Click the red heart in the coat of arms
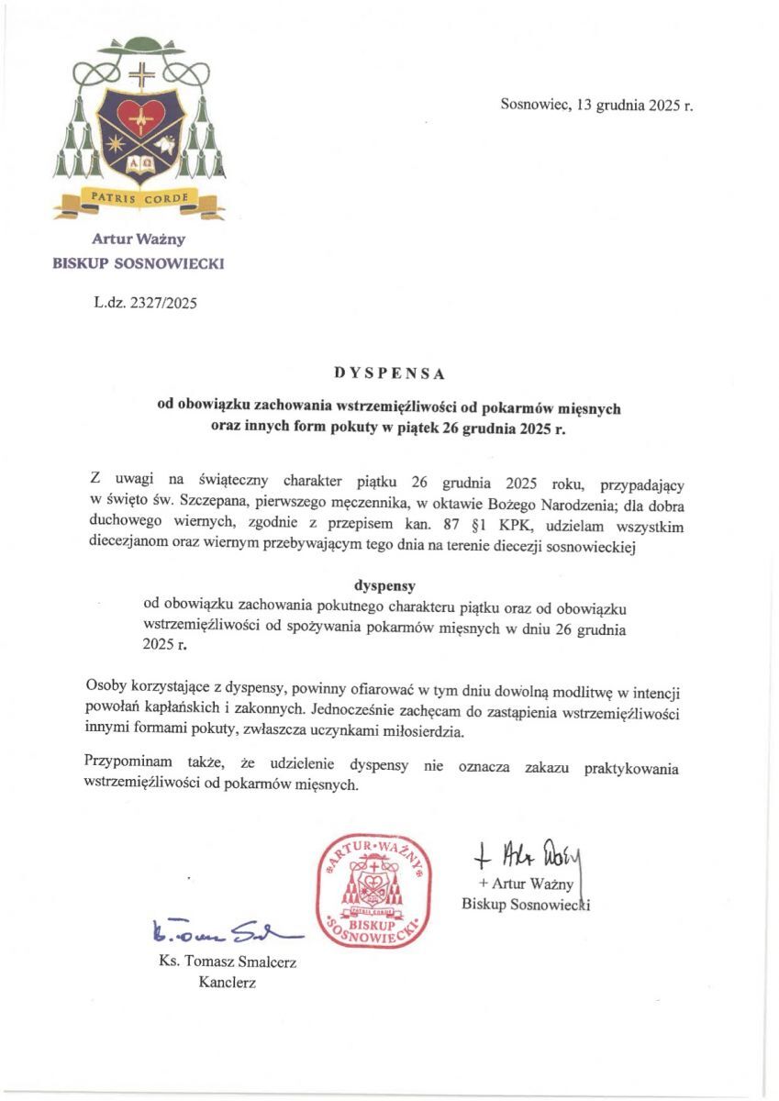click(x=139, y=116)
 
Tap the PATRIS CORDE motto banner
click(x=139, y=197)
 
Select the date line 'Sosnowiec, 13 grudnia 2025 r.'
click(x=596, y=105)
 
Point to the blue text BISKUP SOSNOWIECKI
click(x=139, y=264)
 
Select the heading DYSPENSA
click(x=390, y=373)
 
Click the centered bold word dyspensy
click(x=390, y=584)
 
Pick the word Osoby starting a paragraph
click(x=105, y=687)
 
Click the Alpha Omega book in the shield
click(x=139, y=166)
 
